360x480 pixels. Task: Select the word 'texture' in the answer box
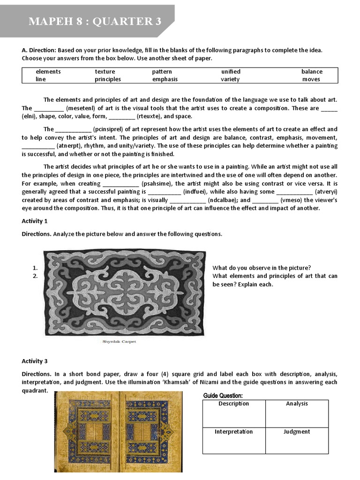click(x=105, y=72)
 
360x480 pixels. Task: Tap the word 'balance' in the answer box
click(x=312, y=72)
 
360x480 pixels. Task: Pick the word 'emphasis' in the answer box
click(x=165, y=79)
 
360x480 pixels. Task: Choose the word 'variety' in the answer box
click(x=230, y=79)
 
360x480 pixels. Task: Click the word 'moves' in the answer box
click(x=311, y=79)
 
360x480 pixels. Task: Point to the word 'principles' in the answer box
click(x=108, y=79)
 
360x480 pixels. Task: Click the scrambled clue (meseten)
click(x=80, y=108)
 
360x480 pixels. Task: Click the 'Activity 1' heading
click(x=35, y=221)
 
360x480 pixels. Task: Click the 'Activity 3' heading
click(x=35, y=361)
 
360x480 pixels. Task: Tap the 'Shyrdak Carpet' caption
click(x=119, y=342)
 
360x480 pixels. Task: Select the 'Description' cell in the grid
click(x=234, y=404)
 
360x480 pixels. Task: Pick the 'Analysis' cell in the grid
click(x=297, y=404)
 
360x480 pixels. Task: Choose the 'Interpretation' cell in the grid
click(x=234, y=432)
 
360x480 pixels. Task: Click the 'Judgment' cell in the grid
click(x=297, y=432)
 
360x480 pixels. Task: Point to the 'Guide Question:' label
click(x=223, y=396)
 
